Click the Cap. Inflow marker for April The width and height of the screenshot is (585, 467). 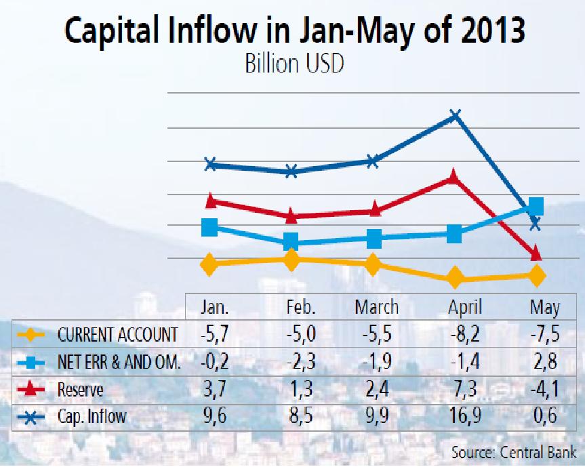[x=455, y=115]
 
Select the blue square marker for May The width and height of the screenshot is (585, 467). [x=535, y=205]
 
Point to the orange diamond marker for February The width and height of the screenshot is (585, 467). [x=291, y=260]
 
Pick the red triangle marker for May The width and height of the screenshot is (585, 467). [x=536, y=253]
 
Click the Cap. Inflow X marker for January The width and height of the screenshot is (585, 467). [x=210, y=164]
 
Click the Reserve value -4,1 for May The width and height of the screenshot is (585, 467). [x=545, y=390]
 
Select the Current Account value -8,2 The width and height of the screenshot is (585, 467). [x=464, y=335]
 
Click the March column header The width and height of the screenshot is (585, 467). [x=376, y=307]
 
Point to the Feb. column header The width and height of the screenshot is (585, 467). [x=300, y=307]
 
